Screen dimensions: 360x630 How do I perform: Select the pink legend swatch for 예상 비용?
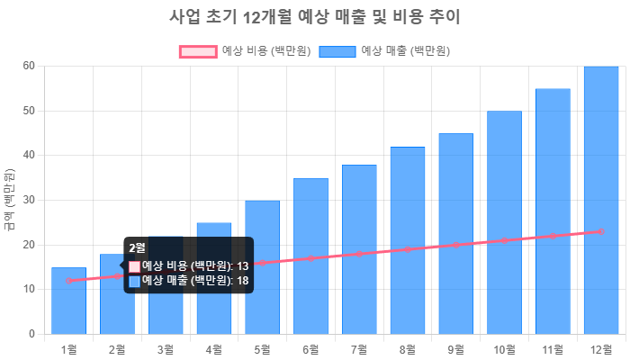coord(198,51)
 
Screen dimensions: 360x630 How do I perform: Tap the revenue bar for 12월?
coord(600,198)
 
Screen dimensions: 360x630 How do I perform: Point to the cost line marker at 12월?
coord(600,231)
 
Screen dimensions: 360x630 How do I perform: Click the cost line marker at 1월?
coord(68,281)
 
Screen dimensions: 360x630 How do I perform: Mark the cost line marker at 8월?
coord(408,249)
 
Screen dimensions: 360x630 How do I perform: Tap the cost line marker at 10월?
coord(504,240)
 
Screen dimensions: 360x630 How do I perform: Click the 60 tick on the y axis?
coord(29,66)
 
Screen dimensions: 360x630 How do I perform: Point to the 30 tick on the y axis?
coord(29,200)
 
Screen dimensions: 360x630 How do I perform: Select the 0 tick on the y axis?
coord(31,334)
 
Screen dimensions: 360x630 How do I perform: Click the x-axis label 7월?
coord(359,349)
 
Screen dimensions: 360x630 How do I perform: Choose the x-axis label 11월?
coord(552,349)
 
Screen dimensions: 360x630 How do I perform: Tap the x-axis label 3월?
coord(166,349)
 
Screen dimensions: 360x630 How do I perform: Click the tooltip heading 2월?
coord(138,247)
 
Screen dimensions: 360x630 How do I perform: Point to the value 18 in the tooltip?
coord(242,281)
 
